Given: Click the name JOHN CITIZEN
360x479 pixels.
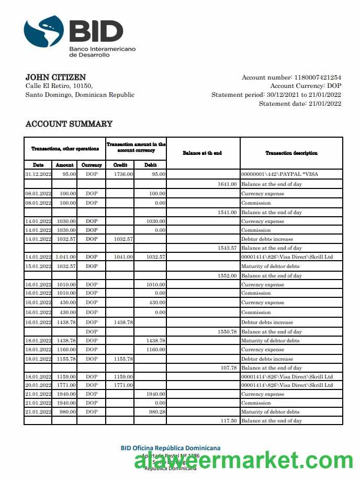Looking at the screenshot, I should (55, 77).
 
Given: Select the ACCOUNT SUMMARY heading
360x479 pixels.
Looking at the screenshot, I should (69, 124).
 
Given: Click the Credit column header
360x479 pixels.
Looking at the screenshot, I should (120, 165).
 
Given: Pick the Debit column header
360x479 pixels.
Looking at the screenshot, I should (150, 165).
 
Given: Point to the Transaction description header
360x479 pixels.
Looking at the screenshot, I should (291, 153).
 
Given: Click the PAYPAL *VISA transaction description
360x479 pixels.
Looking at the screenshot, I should (279, 174).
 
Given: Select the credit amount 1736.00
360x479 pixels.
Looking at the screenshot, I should (123, 174).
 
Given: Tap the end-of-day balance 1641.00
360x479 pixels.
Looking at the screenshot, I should (227, 184).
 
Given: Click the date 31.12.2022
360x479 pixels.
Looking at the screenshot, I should (38, 174).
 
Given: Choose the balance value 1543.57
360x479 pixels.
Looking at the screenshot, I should (227, 248).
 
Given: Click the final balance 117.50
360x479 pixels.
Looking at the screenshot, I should (228, 421).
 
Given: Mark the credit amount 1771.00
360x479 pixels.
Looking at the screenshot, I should (123, 385).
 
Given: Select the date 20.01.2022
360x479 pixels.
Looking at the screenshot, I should (38, 385).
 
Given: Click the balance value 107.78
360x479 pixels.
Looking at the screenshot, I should (228, 368).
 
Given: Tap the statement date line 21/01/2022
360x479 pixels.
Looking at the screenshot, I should (300, 104).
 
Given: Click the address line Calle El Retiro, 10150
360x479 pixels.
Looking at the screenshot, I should (59, 86).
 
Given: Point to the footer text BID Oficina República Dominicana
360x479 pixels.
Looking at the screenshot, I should (170, 448).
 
